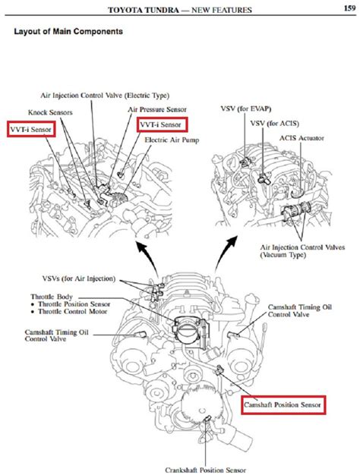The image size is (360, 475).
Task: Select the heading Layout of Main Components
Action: click(x=68, y=33)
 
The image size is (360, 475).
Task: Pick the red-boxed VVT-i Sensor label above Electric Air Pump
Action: click(x=163, y=125)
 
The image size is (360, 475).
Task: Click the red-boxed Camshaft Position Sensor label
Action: click(x=283, y=406)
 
